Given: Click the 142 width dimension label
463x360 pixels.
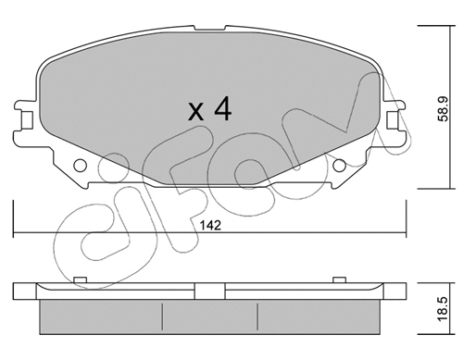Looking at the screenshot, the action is pyautogui.click(x=210, y=226).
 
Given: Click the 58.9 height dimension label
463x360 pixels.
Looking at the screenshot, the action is pyautogui.click(x=443, y=108).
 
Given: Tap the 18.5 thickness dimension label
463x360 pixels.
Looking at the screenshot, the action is pyautogui.click(x=443, y=309).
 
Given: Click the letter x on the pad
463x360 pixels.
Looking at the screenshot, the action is pyautogui.click(x=196, y=112).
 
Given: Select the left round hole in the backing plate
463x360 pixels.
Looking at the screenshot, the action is pyautogui.click(x=80, y=165).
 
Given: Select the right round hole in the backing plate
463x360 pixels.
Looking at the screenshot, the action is pyautogui.click(x=339, y=165).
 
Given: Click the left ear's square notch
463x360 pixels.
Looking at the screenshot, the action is pyautogui.click(x=27, y=119).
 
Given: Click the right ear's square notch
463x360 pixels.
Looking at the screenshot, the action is pyautogui.click(x=392, y=119).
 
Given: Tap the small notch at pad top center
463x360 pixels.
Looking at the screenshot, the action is pyautogui.click(x=210, y=28).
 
